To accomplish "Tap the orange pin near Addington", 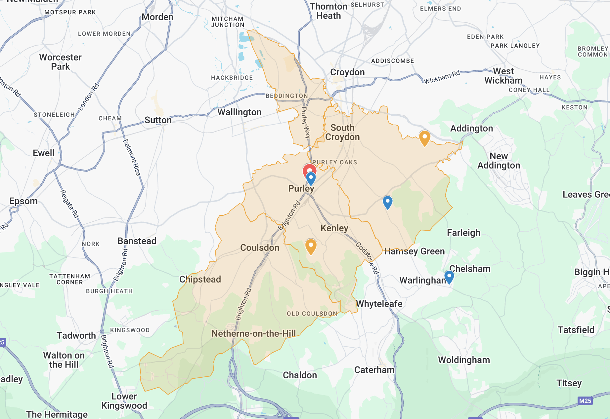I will (424, 137).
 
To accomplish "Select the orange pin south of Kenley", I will (311, 246).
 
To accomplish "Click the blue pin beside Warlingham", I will (449, 276).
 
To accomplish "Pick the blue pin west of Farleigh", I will (387, 202).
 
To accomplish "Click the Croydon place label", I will (347, 72).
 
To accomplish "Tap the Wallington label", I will (240, 112).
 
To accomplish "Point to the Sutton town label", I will (158, 120).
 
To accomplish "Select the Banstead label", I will (137, 241).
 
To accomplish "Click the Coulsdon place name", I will (260, 248).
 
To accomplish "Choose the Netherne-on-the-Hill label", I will (254, 333).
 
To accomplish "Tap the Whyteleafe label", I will (379, 304).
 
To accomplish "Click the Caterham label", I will (374, 370).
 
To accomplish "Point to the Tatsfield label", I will (576, 330).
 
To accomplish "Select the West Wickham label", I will (503, 76).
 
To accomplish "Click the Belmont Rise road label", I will (132, 157).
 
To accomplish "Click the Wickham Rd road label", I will (442, 77).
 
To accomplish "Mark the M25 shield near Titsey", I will (585, 401).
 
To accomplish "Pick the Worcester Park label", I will (61, 62).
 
